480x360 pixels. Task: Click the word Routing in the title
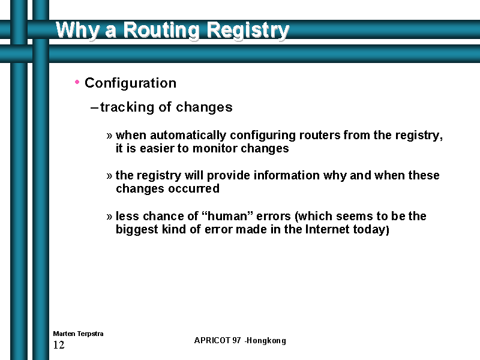tap(161, 30)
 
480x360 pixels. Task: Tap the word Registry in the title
tap(248, 31)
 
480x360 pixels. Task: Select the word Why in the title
tap(77, 31)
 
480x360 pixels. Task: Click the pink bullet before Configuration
tap(77, 82)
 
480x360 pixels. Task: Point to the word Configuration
tap(130, 83)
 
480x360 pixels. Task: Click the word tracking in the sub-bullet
tap(127, 107)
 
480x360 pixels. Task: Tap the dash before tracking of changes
tap(94, 108)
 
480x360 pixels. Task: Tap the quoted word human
tap(227, 216)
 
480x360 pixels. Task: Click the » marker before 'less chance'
tap(109, 217)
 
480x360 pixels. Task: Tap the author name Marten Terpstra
tap(78, 334)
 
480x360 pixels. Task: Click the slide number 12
tap(59, 345)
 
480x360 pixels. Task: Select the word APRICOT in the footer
tap(212, 340)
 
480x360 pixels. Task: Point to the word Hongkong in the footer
tap(266, 341)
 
